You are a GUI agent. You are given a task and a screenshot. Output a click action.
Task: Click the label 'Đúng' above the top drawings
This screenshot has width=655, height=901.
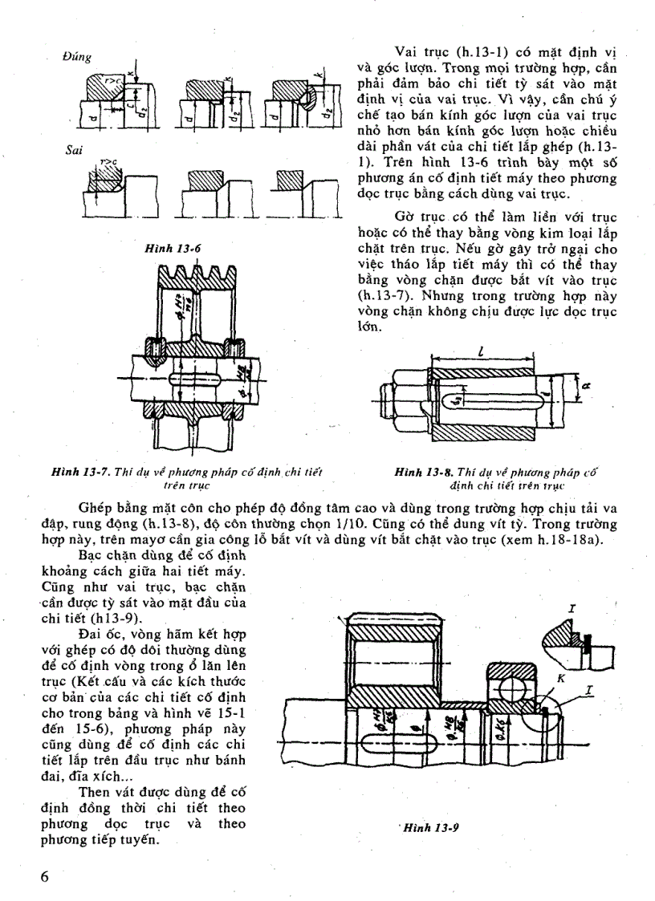pos(77,57)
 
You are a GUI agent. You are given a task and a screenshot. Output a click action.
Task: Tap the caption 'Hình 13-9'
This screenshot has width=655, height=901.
pos(429,827)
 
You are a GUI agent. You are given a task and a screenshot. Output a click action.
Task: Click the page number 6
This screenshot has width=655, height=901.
pos(46,876)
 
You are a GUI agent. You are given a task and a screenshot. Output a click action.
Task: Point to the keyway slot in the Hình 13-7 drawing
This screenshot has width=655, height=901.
pos(191,377)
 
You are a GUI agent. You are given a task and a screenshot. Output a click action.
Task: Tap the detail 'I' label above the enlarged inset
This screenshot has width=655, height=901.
pos(572,610)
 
